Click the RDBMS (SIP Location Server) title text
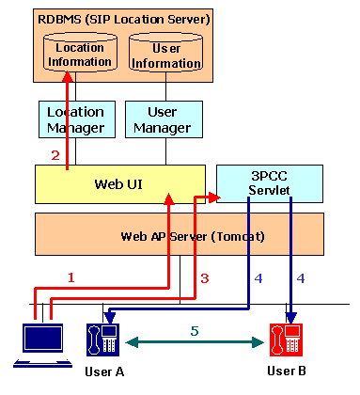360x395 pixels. pyautogui.click(x=123, y=19)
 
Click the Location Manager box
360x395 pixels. pyautogui.click(x=75, y=119)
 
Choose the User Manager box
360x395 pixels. pyautogui.click(x=164, y=119)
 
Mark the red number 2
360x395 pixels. pyautogui.click(x=55, y=155)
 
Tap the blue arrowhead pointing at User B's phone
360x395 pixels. pyautogui.click(x=291, y=314)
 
